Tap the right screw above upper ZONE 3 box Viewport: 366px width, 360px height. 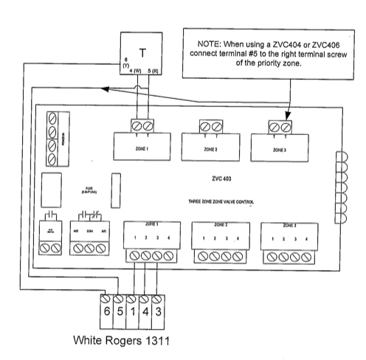pyautogui.click(x=285, y=126)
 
